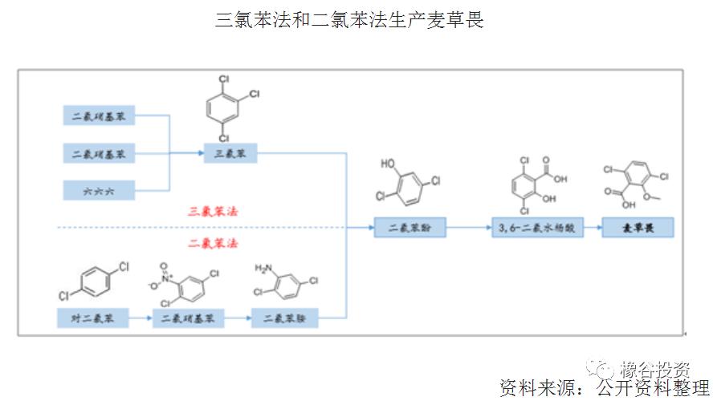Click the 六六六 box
[x=99, y=191]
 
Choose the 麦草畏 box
[x=638, y=228]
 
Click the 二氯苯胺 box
[x=285, y=318]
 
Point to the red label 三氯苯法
[x=212, y=211]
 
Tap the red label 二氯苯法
[x=212, y=242]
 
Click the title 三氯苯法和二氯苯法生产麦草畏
[x=349, y=21]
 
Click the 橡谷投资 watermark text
[x=654, y=370]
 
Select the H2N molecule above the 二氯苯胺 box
[x=285, y=283]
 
